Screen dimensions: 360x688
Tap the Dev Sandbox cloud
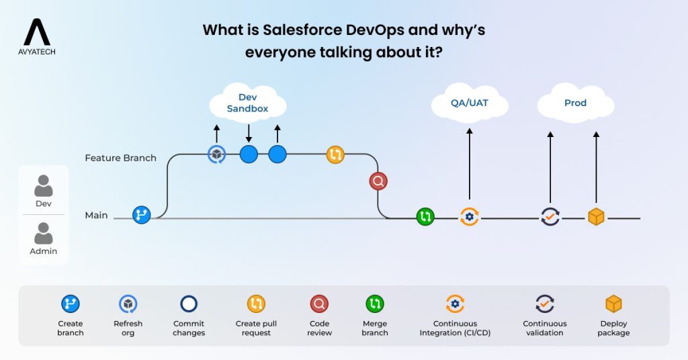248,103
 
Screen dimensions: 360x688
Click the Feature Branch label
120,158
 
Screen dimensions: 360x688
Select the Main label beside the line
96,216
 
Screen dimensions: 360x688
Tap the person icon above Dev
44,185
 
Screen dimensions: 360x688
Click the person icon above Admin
44,233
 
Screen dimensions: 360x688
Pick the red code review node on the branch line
378,181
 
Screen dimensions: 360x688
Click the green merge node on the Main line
425,217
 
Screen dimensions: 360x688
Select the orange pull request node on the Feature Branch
335,154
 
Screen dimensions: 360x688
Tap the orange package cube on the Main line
596,217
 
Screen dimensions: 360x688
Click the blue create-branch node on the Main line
142,215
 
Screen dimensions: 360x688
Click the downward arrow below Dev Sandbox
249,132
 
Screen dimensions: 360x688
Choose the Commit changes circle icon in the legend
189,304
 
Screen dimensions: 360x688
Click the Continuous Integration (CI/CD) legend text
455,328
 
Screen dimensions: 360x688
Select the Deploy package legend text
614,328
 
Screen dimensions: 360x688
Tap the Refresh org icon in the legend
128,304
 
